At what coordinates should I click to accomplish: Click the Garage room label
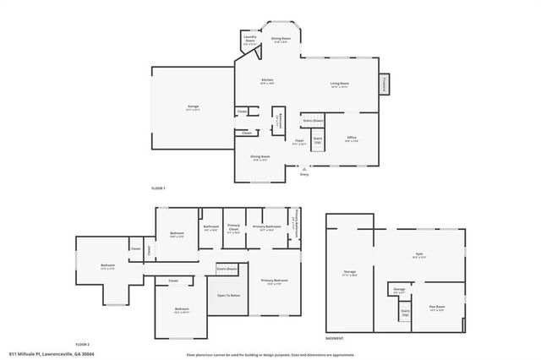pos(193,107)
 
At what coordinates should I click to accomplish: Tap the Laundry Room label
pos(250,38)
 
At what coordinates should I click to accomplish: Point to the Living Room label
pos(340,85)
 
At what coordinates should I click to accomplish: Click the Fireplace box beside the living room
pos(385,85)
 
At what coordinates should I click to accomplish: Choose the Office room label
pos(352,139)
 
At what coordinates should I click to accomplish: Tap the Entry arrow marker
pos(304,169)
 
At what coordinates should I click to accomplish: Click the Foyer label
pos(299,142)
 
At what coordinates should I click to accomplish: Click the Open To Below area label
pos(229,296)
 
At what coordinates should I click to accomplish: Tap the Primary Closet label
pos(234,228)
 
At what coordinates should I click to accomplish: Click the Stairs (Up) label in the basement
pos(405,313)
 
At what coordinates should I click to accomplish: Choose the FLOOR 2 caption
pos(82,344)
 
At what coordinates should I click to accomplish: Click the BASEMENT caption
pos(334,338)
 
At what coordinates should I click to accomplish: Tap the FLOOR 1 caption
pos(158,188)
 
